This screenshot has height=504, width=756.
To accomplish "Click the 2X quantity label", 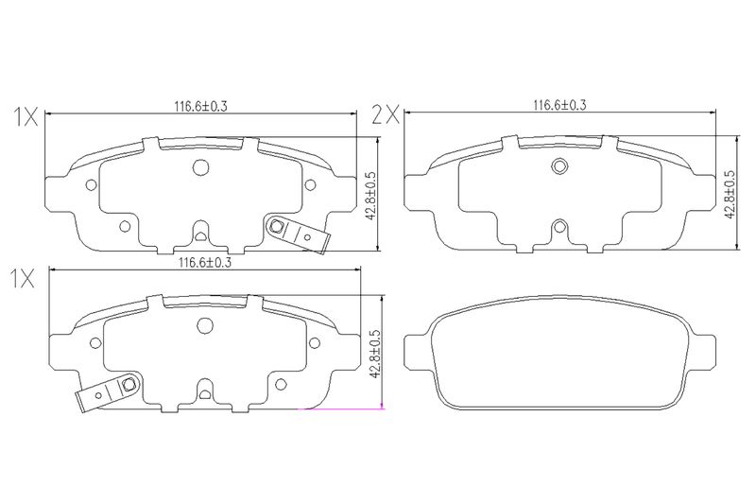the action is [386, 115].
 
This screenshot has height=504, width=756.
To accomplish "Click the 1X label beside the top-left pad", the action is [26, 117].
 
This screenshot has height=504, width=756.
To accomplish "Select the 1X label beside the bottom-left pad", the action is [23, 279].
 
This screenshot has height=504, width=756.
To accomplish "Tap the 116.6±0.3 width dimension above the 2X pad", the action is [559, 105].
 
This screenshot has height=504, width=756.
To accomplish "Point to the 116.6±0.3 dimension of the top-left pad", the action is [200, 106].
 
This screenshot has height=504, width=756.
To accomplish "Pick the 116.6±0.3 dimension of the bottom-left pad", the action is [205, 263].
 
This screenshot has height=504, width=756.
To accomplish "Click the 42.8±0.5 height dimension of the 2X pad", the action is [730, 195].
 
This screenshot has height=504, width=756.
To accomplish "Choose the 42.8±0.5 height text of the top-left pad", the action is [370, 196].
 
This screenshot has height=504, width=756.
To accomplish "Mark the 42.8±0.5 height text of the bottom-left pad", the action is [376, 354].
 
